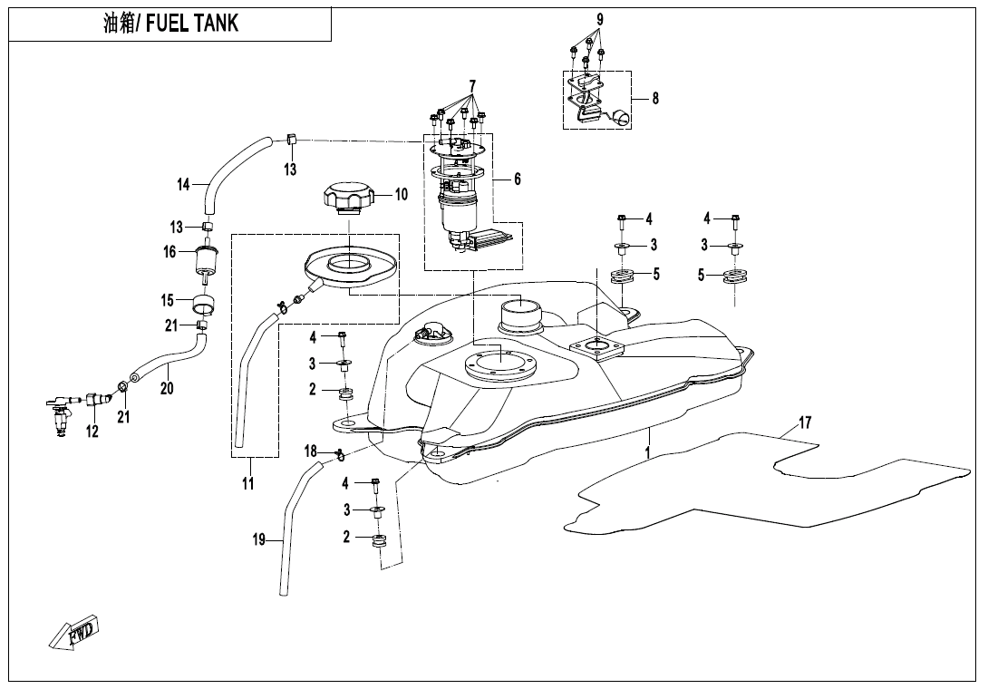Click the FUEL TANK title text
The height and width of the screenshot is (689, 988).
pyautogui.click(x=171, y=24)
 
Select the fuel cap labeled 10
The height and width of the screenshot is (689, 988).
pyautogui.click(x=345, y=198)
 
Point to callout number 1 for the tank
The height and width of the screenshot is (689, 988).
pyautogui.click(x=648, y=451)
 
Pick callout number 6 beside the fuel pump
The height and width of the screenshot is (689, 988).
pyautogui.click(x=517, y=180)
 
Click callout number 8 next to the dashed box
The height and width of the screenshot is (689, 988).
pyautogui.click(x=655, y=99)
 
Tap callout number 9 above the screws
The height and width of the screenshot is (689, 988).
pyautogui.click(x=599, y=19)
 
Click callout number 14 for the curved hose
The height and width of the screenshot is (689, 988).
pyautogui.click(x=183, y=184)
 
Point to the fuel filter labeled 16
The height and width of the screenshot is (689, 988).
pyautogui.click(x=208, y=260)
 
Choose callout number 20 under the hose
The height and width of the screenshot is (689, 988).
pyautogui.click(x=167, y=388)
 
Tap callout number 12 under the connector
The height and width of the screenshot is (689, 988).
pyautogui.click(x=92, y=432)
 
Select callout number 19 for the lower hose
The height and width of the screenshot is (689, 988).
pyautogui.click(x=258, y=540)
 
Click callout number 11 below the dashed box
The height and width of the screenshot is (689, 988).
pyautogui.click(x=247, y=484)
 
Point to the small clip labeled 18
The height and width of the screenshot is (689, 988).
pyautogui.click(x=337, y=454)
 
